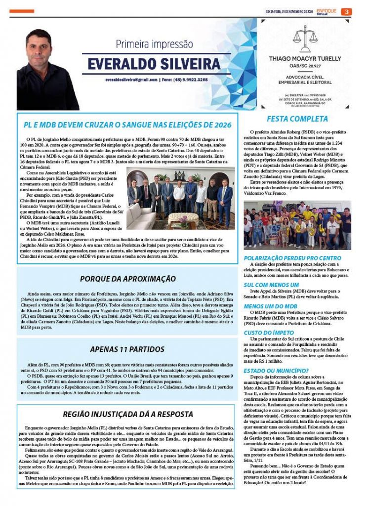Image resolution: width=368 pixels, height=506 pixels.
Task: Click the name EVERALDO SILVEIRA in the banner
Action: [154, 64]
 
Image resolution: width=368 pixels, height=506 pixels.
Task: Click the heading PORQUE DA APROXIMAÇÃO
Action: [127, 279]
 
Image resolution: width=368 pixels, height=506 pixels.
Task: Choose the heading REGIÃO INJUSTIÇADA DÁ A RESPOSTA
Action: [127, 414]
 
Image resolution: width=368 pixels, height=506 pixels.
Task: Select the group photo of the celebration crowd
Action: [297, 225]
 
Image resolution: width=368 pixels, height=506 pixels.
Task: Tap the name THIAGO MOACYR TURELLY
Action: [305, 58]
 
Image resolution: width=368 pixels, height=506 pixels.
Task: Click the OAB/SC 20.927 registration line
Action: [305, 66]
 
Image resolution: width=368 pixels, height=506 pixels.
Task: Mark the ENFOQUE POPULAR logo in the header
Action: [327, 11]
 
